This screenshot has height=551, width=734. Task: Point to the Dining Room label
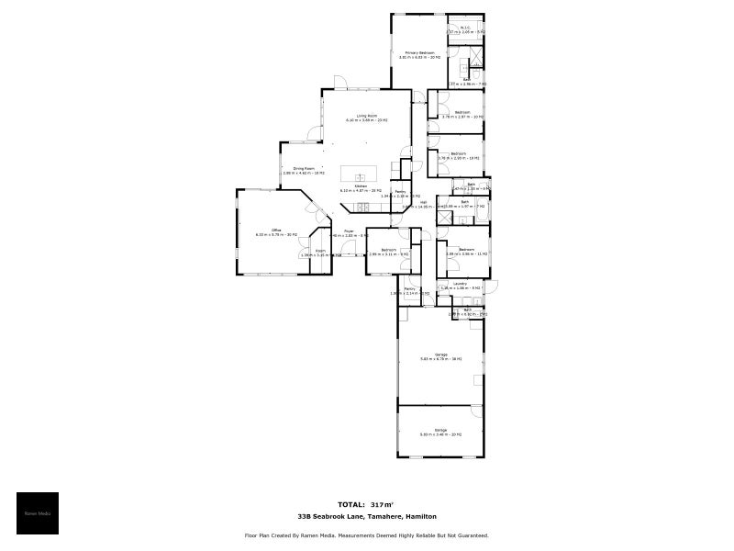[x=304, y=170]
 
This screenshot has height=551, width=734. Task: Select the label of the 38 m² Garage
[x=440, y=356]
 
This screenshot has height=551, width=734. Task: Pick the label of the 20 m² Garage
[x=440, y=432]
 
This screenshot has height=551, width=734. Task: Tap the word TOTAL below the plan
[x=350, y=504]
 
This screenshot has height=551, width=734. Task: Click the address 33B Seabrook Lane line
[x=367, y=517]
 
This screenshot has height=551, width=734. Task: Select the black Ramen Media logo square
[x=38, y=513]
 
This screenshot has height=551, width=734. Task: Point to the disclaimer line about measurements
[x=367, y=534]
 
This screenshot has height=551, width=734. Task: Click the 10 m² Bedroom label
[x=462, y=114]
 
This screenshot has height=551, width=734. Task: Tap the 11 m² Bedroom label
[x=467, y=251]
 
